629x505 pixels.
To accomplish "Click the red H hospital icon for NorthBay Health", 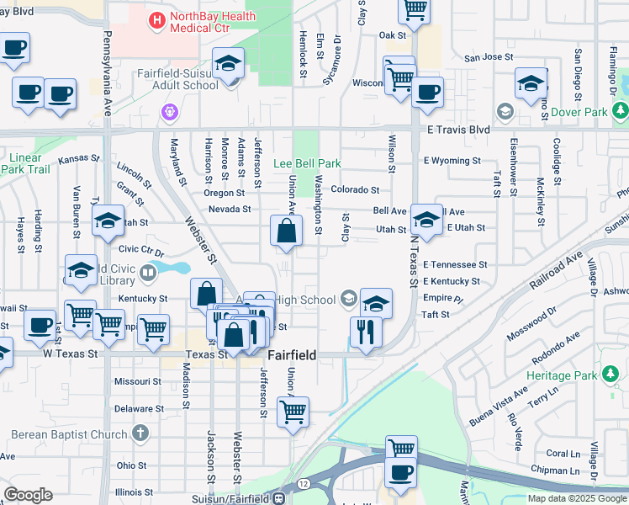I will coord(156,19).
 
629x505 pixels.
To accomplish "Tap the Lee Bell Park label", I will coord(308,162).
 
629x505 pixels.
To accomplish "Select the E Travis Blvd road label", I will coord(457,130).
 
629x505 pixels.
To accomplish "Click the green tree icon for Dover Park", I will coord(620,110).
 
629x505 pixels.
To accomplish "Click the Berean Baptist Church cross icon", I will coord(140,434).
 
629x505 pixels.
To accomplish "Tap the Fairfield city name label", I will coord(292,355).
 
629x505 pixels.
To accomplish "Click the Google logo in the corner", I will coord(28,495).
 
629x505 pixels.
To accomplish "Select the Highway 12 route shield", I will coord(302,482).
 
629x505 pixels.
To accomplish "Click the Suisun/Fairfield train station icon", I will coord(278,497).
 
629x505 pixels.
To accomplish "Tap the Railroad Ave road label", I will coord(557,268).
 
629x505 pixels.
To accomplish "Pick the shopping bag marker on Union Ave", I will coord(287,231).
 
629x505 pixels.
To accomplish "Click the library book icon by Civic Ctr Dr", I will coord(148,272).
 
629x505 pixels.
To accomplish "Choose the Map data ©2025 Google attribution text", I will coord(578,497).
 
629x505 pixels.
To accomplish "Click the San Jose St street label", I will coord(488,58).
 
